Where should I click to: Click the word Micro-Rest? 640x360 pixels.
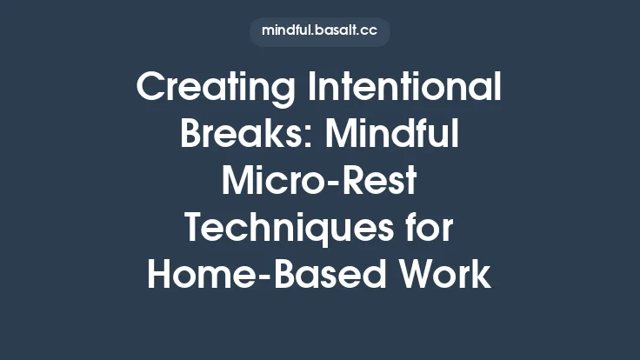point(320,182)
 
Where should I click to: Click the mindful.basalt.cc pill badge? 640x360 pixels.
point(320,31)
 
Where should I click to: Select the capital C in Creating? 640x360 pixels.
point(151,88)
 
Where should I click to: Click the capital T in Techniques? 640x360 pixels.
point(195,229)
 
